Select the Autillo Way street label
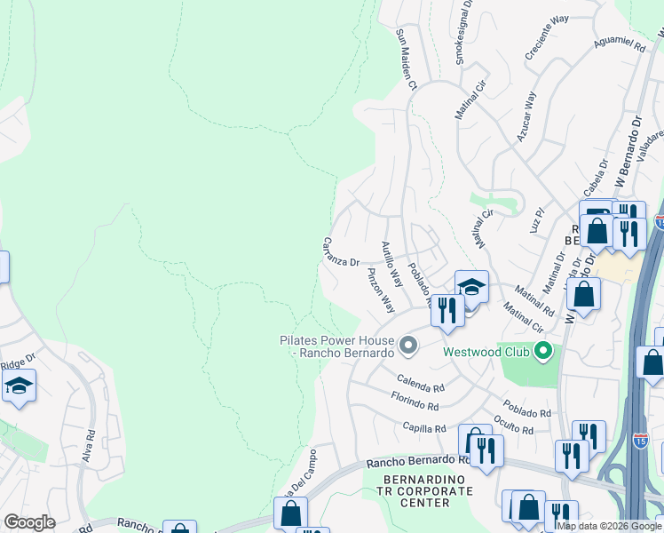[391, 264]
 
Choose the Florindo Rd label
[415, 405]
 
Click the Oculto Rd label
[515, 426]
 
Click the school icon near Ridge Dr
[19, 386]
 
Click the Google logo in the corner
[29, 521]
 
